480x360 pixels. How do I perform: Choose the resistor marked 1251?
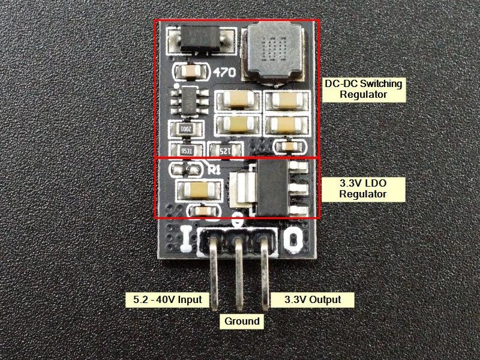coord(224,149)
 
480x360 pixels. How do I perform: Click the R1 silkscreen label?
coord(213,169)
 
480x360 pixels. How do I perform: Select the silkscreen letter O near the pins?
coord(292,241)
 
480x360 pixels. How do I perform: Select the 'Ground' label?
coord(242,321)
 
